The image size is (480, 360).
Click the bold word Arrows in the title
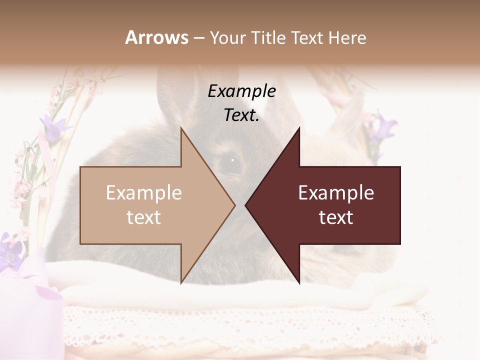156,37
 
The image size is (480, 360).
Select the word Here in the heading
347,37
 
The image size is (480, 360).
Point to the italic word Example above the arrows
241,91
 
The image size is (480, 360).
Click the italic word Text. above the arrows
241,115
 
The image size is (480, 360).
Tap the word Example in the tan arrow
144,193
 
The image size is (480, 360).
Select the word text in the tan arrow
144,217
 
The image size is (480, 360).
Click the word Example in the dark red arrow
336,193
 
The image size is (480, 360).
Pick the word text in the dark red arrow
336,217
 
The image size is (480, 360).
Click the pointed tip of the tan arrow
234,205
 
